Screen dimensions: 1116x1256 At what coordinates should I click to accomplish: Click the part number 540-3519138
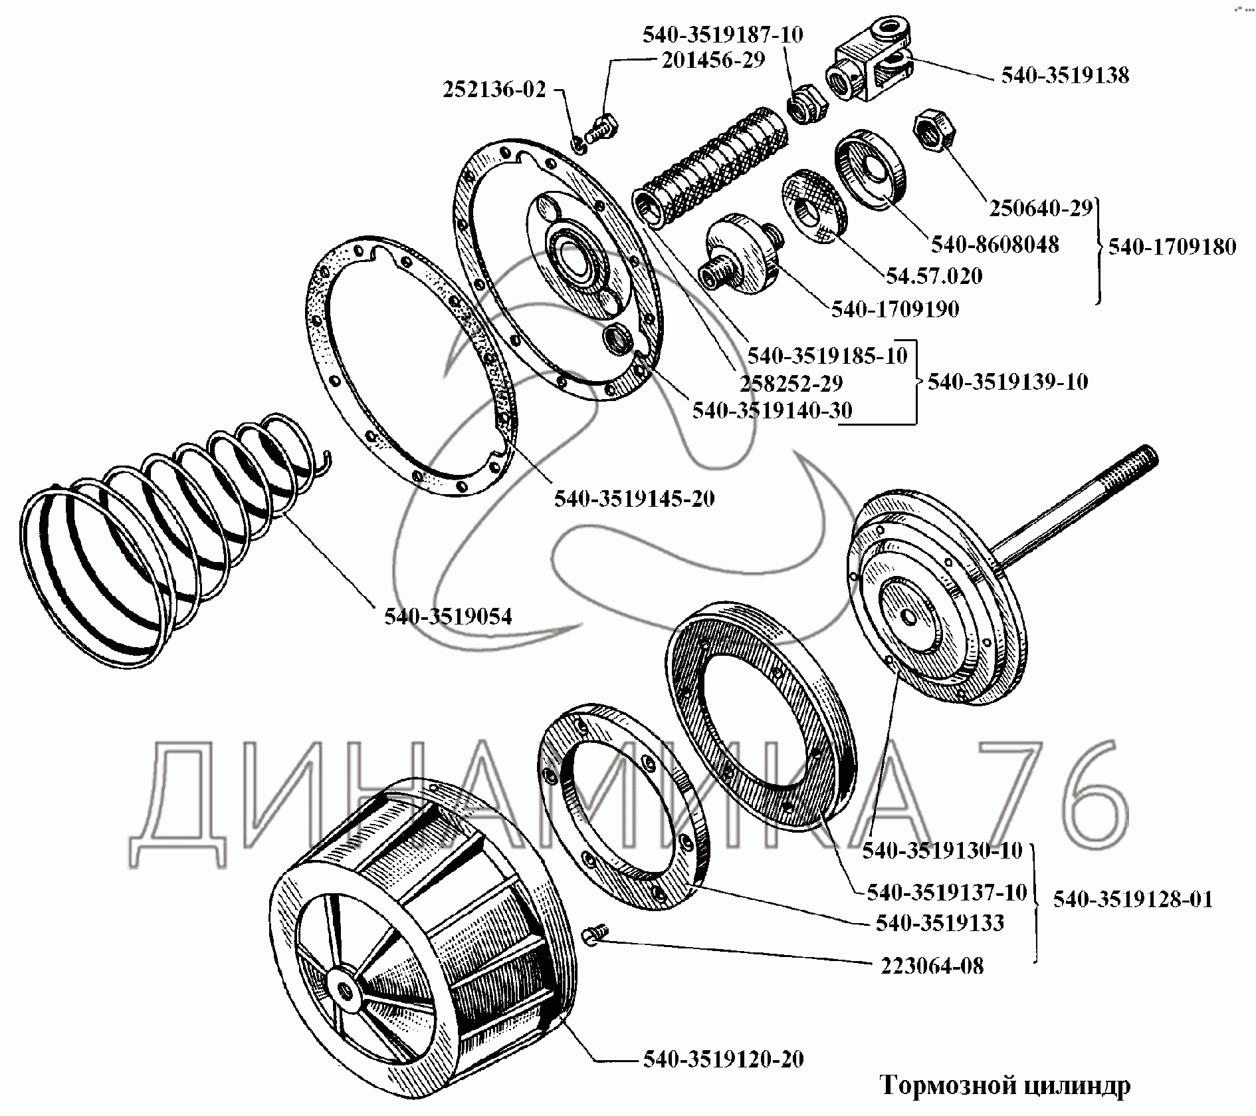(x=1065, y=75)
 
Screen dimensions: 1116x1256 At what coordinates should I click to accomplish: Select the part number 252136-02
(x=494, y=89)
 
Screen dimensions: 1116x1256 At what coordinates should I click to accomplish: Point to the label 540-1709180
(x=1172, y=247)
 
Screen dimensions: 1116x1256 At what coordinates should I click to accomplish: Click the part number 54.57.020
(x=934, y=275)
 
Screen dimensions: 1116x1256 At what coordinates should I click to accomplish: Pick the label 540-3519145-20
(x=634, y=498)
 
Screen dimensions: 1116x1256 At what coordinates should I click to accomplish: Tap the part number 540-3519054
(x=448, y=617)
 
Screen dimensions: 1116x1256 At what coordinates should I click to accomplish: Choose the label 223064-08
(x=932, y=966)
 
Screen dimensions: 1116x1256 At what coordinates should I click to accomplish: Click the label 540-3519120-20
(x=723, y=1059)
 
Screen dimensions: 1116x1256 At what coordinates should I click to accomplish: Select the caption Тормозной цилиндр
(x=1005, y=1086)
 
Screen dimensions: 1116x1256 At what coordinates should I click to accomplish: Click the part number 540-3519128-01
(x=1132, y=899)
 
